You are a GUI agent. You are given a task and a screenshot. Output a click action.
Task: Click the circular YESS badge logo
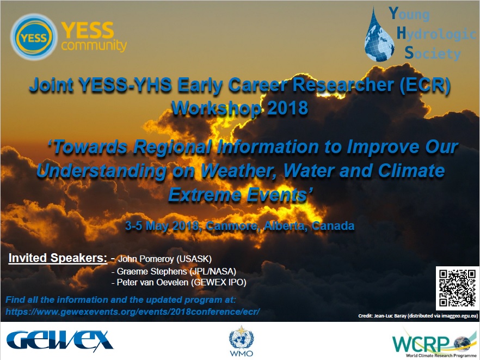coord(34,37)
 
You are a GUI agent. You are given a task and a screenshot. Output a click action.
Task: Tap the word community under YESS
coord(94,45)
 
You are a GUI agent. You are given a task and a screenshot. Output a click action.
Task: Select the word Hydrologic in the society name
coord(436,33)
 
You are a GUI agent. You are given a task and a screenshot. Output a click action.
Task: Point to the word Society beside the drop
coord(432,53)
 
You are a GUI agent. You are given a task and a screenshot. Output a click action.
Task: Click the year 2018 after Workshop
coord(288,108)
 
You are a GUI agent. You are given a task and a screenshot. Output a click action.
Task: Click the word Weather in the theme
coord(239,171)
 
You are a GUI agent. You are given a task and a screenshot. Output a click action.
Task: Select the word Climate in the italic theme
coord(411,170)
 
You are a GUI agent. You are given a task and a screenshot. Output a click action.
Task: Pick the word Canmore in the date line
coord(232,226)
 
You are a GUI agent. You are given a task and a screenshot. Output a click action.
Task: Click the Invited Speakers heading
coord(58,258)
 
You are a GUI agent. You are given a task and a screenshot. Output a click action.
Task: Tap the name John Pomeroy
coord(146,259)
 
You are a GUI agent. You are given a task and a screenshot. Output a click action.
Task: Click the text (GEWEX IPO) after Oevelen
coord(219,282)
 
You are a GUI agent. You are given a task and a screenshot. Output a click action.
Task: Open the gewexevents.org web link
coord(133,312)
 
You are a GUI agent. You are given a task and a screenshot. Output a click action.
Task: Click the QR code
coord(457,288)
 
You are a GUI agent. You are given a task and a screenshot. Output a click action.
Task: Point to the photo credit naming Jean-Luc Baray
coord(418,315)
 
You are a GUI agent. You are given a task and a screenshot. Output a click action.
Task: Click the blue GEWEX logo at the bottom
coord(60,340)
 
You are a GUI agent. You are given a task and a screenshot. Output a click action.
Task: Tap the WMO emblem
coord(242,341)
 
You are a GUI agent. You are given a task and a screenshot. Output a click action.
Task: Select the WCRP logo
coord(435,343)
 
